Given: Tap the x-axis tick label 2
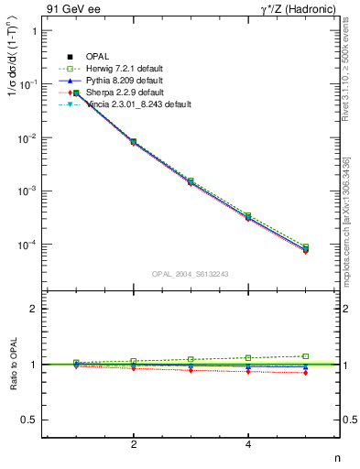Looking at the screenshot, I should [134, 444].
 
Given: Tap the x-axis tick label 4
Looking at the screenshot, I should [248, 444].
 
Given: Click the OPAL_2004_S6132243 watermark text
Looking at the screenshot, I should [191, 274].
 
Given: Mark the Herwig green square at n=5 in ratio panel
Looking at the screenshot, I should [306, 356].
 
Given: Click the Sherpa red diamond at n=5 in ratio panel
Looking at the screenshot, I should [306, 373].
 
